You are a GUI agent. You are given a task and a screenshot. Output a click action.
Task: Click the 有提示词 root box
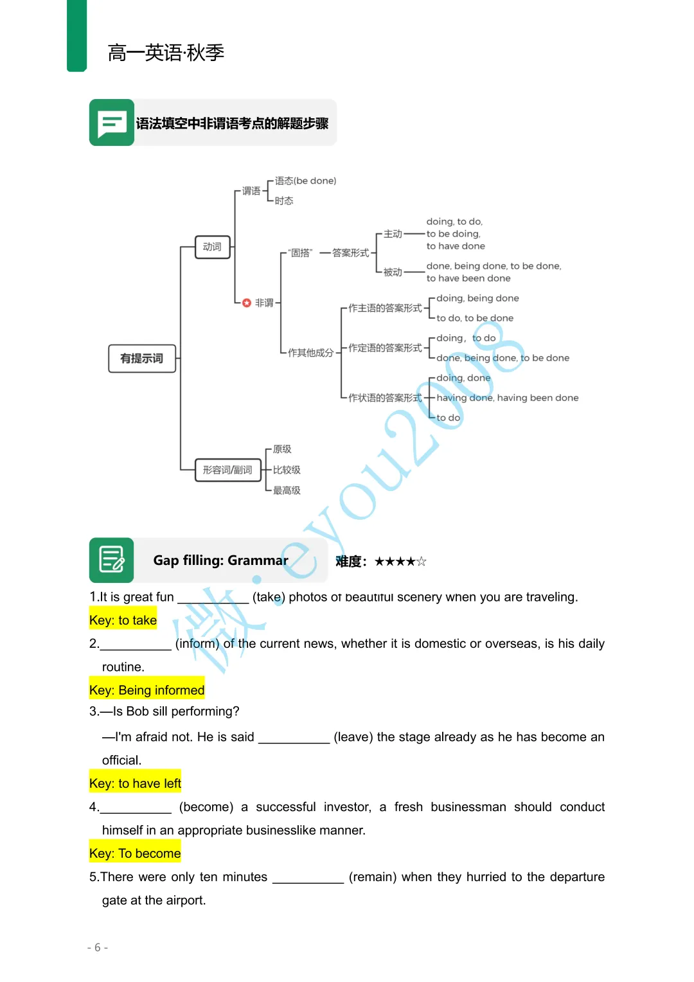coord(142,359)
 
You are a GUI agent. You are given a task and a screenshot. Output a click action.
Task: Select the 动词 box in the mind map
coord(213,247)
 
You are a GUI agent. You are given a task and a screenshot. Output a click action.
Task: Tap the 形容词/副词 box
coord(228,470)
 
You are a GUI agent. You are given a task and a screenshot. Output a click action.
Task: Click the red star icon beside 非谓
coord(247,303)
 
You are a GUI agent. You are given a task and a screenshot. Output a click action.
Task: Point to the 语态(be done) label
coord(305,181)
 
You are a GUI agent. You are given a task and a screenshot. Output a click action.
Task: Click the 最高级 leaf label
coord(287,490)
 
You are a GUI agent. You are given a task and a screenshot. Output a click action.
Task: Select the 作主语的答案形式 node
coord(385,308)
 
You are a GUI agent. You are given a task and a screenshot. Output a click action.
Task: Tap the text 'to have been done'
coord(468,278)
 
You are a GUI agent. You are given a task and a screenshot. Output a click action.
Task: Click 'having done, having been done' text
coord(507,398)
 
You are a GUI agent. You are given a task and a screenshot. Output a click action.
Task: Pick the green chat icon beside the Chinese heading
coord(112,122)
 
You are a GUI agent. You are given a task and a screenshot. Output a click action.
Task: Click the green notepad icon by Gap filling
coord(112,560)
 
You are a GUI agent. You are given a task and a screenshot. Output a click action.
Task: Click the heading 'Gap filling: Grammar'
coord(220,560)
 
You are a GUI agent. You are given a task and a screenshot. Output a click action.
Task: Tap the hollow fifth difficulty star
coord(422,562)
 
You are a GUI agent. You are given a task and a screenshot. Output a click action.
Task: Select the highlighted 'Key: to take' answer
coord(123,620)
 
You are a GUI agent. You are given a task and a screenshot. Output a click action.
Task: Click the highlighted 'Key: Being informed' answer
coord(147,690)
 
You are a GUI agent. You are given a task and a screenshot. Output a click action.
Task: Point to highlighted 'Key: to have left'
coord(136,783)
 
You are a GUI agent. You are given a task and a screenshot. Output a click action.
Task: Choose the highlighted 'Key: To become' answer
coord(135,853)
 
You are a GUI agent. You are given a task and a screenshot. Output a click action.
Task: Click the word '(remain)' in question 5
coord(373,877)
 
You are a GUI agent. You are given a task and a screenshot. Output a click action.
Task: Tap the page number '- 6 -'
coord(98,947)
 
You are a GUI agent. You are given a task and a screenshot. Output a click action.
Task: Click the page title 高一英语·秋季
coord(166,53)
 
